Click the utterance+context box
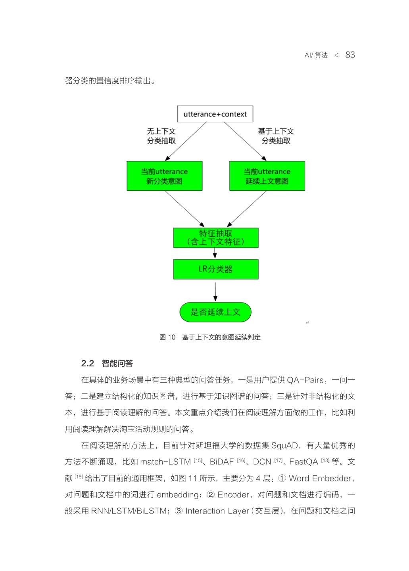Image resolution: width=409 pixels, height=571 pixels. click(x=215, y=114)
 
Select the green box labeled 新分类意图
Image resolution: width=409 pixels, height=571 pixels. click(x=164, y=176)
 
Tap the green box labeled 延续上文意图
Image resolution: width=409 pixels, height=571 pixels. click(x=267, y=176)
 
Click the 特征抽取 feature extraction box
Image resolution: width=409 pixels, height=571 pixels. click(x=215, y=238)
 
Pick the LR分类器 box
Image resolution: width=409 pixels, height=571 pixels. click(x=215, y=269)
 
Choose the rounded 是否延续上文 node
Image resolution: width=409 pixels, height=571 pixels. click(x=215, y=312)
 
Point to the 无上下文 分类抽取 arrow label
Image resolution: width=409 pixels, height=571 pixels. click(x=161, y=136)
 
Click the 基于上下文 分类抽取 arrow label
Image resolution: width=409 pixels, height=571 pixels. click(x=276, y=136)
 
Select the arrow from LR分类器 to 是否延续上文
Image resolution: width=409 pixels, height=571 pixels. click(x=215, y=291)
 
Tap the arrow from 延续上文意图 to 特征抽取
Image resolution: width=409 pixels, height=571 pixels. click(x=247, y=209)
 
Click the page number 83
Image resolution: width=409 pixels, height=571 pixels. click(x=350, y=55)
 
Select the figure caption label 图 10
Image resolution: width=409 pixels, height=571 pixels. click(x=167, y=337)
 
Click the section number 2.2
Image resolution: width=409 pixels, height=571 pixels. click(x=88, y=364)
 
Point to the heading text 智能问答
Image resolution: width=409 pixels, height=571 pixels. click(x=117, y=364)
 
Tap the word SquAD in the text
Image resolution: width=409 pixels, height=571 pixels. click(x=285, y=446)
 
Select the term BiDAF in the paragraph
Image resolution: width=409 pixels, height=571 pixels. click(x=222, y=462)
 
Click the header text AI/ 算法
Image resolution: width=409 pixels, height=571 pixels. click(x=316, y=56)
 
